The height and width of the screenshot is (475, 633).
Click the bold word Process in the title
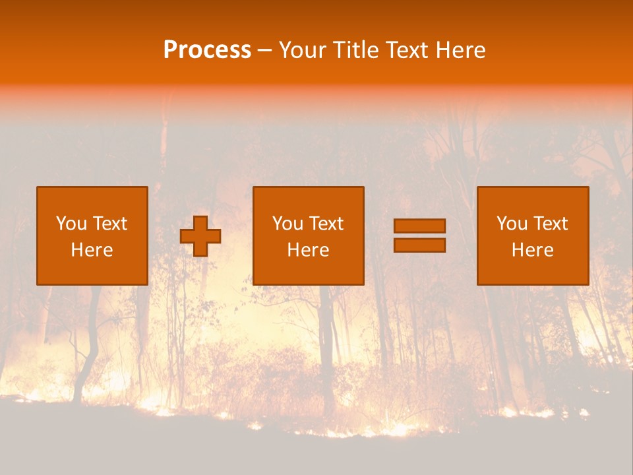[x=207, y=50]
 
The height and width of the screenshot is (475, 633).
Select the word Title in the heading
[x=357, y=50]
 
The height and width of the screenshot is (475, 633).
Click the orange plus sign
[x=200, y=236]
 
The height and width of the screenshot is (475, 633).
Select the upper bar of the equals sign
[x=419, y=226]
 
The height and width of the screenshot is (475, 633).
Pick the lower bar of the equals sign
[x=419, y=245]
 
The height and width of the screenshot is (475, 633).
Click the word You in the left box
[x=71, y=224]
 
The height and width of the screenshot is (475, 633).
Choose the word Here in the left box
[x=92, y=250]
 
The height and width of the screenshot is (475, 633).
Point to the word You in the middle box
[x=287, y=224]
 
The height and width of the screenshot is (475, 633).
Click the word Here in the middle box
[x=308, y=250]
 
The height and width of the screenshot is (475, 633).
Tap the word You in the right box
[x=512, y=224]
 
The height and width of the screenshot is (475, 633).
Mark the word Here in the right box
[x=532, y=250]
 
